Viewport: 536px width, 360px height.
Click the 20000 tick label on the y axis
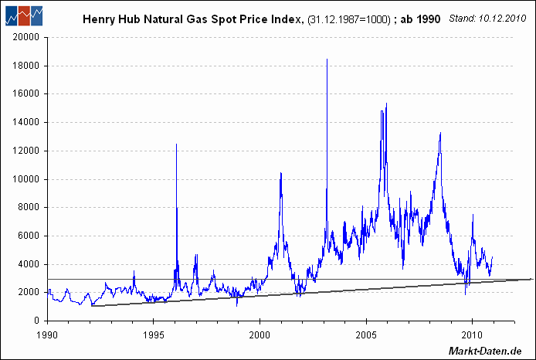point(26,37)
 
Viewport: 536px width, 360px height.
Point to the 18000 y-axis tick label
point(26,66)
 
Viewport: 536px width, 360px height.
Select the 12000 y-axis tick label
point(26,151)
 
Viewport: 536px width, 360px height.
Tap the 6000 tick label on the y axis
point(29,236)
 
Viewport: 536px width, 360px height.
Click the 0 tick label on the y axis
point(36,321)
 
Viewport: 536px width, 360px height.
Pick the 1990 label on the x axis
point(48,335)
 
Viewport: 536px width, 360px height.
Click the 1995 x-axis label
point(154,335)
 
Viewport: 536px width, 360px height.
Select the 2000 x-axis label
point(260,335)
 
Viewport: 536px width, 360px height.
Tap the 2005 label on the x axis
point(365,335)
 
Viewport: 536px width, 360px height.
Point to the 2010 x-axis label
point(471,335)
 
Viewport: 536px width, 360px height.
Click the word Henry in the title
point(98,16)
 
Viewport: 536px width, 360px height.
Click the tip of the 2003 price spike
point(327,59)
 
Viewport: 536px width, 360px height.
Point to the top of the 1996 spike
point(177,144)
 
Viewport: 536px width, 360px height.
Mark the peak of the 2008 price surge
point(440,133)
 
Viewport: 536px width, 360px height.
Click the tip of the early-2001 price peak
point(280,173)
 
